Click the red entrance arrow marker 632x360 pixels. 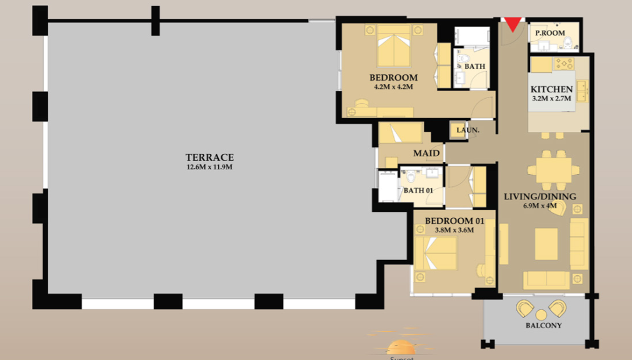tap(513, 24)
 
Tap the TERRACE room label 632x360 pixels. tap(209, 157)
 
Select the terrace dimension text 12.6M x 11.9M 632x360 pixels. tap(209, 167)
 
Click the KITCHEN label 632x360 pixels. tap(551, 89)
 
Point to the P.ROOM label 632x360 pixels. tap(550, 33)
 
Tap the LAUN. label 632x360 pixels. tap(468, 131)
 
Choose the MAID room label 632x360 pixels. tap(426, 153)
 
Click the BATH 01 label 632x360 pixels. tap(418, 191)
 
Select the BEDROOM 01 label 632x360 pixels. tap(454, 221)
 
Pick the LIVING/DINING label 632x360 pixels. tap(540, 197)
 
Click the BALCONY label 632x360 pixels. tap(543, 326)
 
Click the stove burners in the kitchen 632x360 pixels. tap(564, 63)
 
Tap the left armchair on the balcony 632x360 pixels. tap(525, 308)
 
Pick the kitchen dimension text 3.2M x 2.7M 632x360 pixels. tap(551, 99)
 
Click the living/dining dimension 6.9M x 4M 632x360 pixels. tap(540, 206)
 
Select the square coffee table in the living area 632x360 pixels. tap(546, 242)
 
